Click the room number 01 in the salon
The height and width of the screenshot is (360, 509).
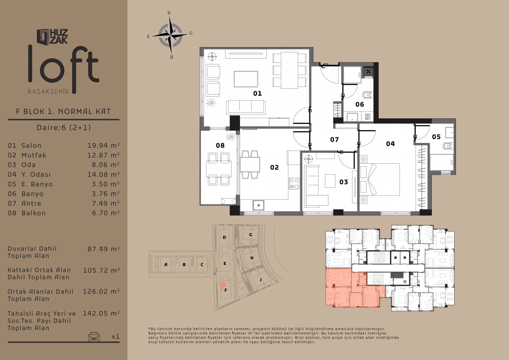pyautogui.click(x=257, y=93)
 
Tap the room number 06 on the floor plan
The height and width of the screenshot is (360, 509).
pyautogui.click(x=360, y=104)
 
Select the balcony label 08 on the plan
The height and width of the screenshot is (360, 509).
pyautogui.click(x=220, y=145)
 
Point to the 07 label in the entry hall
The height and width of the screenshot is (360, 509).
pyautogui.click(x=335, y=140)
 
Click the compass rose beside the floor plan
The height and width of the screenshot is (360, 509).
pyautogui.click(x=171, y=36)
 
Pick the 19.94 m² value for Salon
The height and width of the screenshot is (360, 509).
pyautogui.click(x=103, y=145)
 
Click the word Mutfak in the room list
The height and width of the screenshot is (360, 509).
pyautogui.click(x=34, y=155)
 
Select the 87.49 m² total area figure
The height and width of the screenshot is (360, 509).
pyautogui.click(x=103, y=249)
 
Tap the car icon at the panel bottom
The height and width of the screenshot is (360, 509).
pyautogui.click(x=94, y=336)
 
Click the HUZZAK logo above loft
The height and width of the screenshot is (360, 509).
pyautogui.click(x=52, y=36)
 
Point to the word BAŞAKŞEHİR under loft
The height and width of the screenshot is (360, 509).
pyautogui.click(x=48, y=92)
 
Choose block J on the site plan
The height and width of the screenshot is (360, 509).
pyautogui.click(x=260, y=279)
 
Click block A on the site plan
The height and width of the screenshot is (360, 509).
pyautogui.click(x=166, y=265)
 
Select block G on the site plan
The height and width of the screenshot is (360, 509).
pyautogui.click(x=251, y=234)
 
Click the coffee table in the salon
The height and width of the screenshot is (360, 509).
pyautogui.click(x=246, y=79)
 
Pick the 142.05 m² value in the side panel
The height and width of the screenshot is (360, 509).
pyautogui.click(x=101, y=313)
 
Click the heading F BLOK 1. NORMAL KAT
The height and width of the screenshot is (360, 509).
pyautogui.click(x=63, y=112)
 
